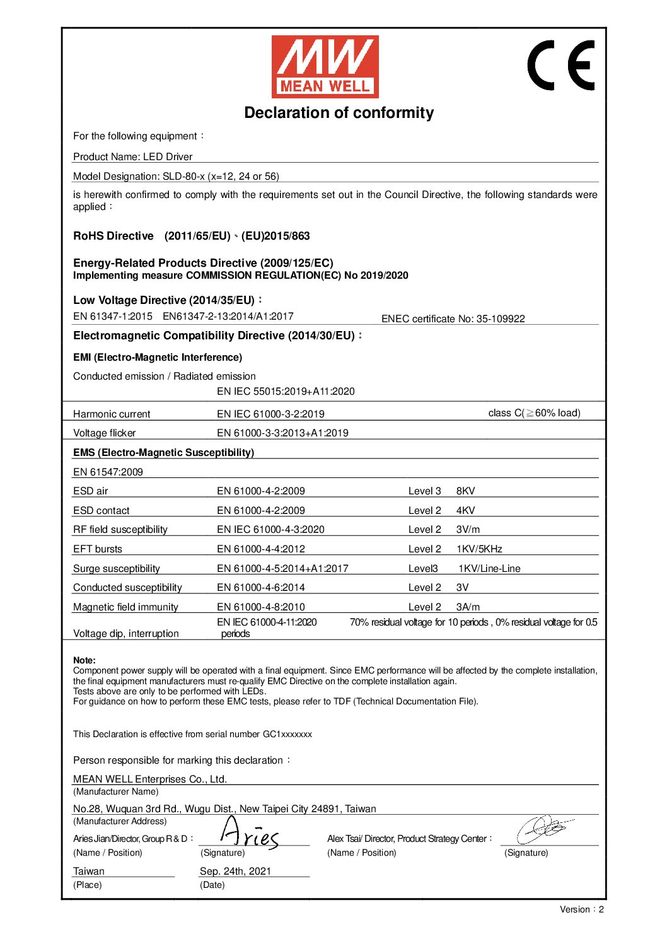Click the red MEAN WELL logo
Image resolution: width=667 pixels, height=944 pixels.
325,66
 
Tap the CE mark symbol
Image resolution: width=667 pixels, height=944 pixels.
560,65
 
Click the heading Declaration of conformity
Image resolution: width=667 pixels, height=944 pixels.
339,113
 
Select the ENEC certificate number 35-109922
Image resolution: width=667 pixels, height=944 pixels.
500,319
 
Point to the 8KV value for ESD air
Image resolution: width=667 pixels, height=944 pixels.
465,491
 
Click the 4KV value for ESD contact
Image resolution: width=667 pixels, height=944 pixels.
465,511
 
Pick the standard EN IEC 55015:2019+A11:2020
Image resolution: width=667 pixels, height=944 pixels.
286,392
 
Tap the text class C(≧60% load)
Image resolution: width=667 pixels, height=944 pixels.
534,413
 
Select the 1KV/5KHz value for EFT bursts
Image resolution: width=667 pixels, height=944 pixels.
479,549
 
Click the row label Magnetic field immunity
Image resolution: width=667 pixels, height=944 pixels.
125,607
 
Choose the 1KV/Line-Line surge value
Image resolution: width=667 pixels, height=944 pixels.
489,569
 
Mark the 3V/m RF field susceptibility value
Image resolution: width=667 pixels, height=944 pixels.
468,530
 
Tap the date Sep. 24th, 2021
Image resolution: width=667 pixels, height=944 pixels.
235,871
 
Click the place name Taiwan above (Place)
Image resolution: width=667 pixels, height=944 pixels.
89,871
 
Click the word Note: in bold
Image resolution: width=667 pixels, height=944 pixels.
84,661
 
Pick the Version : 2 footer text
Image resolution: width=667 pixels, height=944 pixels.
581,909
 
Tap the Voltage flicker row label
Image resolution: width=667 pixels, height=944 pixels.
104,433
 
